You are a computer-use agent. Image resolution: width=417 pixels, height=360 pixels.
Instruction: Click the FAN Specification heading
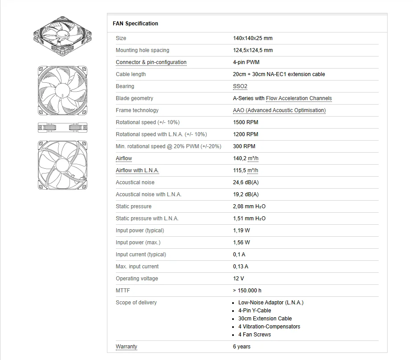[135, 24]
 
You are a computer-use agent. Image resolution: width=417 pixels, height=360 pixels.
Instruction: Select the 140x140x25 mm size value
[253, 38]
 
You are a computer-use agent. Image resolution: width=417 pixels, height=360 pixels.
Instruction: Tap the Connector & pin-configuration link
[151, 62]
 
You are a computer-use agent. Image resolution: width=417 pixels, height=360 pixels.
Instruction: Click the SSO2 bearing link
[240, 86]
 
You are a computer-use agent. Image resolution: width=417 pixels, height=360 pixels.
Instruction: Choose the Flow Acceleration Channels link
[299, 98]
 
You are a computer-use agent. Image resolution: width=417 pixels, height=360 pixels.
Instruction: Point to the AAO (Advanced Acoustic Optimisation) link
[279, 110]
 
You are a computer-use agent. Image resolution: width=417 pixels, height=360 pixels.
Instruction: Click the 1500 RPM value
[245, 122]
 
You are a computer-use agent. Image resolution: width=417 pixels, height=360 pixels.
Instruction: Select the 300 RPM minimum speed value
[244, 146]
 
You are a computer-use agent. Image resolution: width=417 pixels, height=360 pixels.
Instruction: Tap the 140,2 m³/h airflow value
[245, 158]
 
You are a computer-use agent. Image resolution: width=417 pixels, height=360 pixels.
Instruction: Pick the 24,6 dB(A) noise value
[245, 182]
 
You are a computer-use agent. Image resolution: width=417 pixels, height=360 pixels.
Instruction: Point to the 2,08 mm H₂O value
[249, 206]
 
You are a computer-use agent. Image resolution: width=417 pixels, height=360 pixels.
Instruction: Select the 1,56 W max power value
[241, 243]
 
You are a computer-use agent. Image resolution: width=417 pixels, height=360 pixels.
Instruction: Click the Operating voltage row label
[137, 279]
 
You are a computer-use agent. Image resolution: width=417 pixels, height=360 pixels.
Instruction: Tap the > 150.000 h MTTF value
[247, 291]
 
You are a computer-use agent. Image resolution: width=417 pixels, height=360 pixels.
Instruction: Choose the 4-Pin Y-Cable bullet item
[254, 311]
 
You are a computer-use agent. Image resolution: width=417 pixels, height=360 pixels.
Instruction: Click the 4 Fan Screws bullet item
[254, 335]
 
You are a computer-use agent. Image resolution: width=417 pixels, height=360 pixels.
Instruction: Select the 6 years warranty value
[241, 347]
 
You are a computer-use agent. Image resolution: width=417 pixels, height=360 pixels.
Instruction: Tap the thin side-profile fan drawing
[62, 128]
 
